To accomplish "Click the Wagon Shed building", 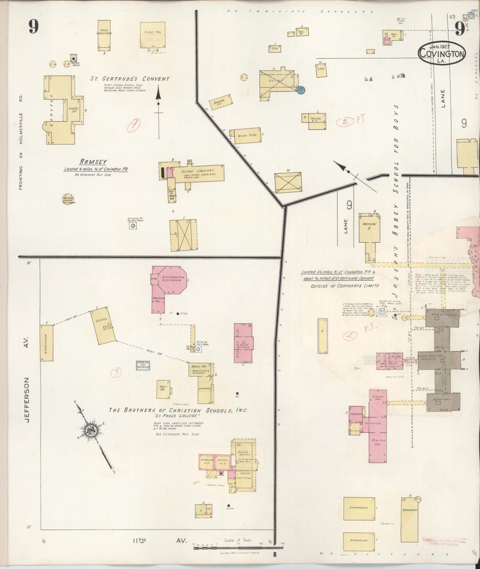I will (x=247, y=136).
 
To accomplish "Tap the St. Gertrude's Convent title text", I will (x=130, y=79).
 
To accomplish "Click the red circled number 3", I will (x=117, y=372).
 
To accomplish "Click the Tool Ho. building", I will (x=302, y=32).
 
